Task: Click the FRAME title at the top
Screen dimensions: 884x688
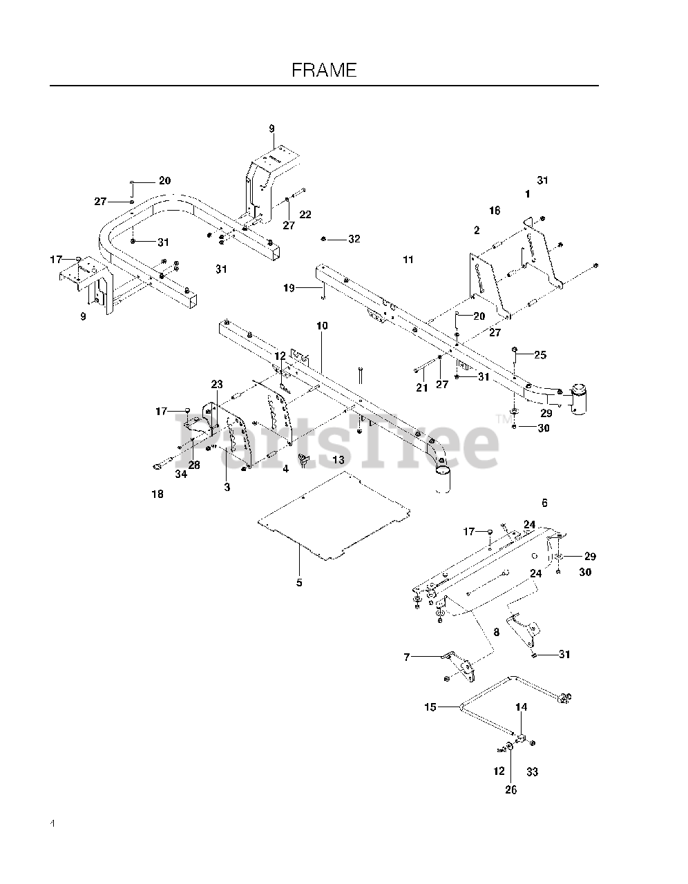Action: (324, 70)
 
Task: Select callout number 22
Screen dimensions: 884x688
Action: (305, 215)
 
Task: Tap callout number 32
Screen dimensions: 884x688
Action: (354, 239)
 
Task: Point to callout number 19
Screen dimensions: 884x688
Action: (289, 287)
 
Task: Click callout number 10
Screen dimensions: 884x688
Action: (322, 325)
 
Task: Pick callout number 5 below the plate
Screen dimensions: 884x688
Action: (299, 582)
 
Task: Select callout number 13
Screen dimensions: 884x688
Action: (338, 459)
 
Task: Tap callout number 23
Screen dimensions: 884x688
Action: (218, 384)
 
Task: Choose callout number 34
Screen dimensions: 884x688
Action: (180, 474)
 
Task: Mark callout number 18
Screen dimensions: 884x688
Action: (157, 494)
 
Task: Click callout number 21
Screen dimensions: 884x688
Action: (422, 388)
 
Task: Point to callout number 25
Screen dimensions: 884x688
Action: (540, 355)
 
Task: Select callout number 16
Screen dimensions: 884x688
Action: (495, 211)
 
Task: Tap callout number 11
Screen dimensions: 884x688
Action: (408, 259)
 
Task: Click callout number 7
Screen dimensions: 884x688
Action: (407, 657)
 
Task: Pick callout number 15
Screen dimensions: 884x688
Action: (430, 707)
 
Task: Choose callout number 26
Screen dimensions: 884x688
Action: (510, 790)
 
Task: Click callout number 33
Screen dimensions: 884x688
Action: (533, 771)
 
